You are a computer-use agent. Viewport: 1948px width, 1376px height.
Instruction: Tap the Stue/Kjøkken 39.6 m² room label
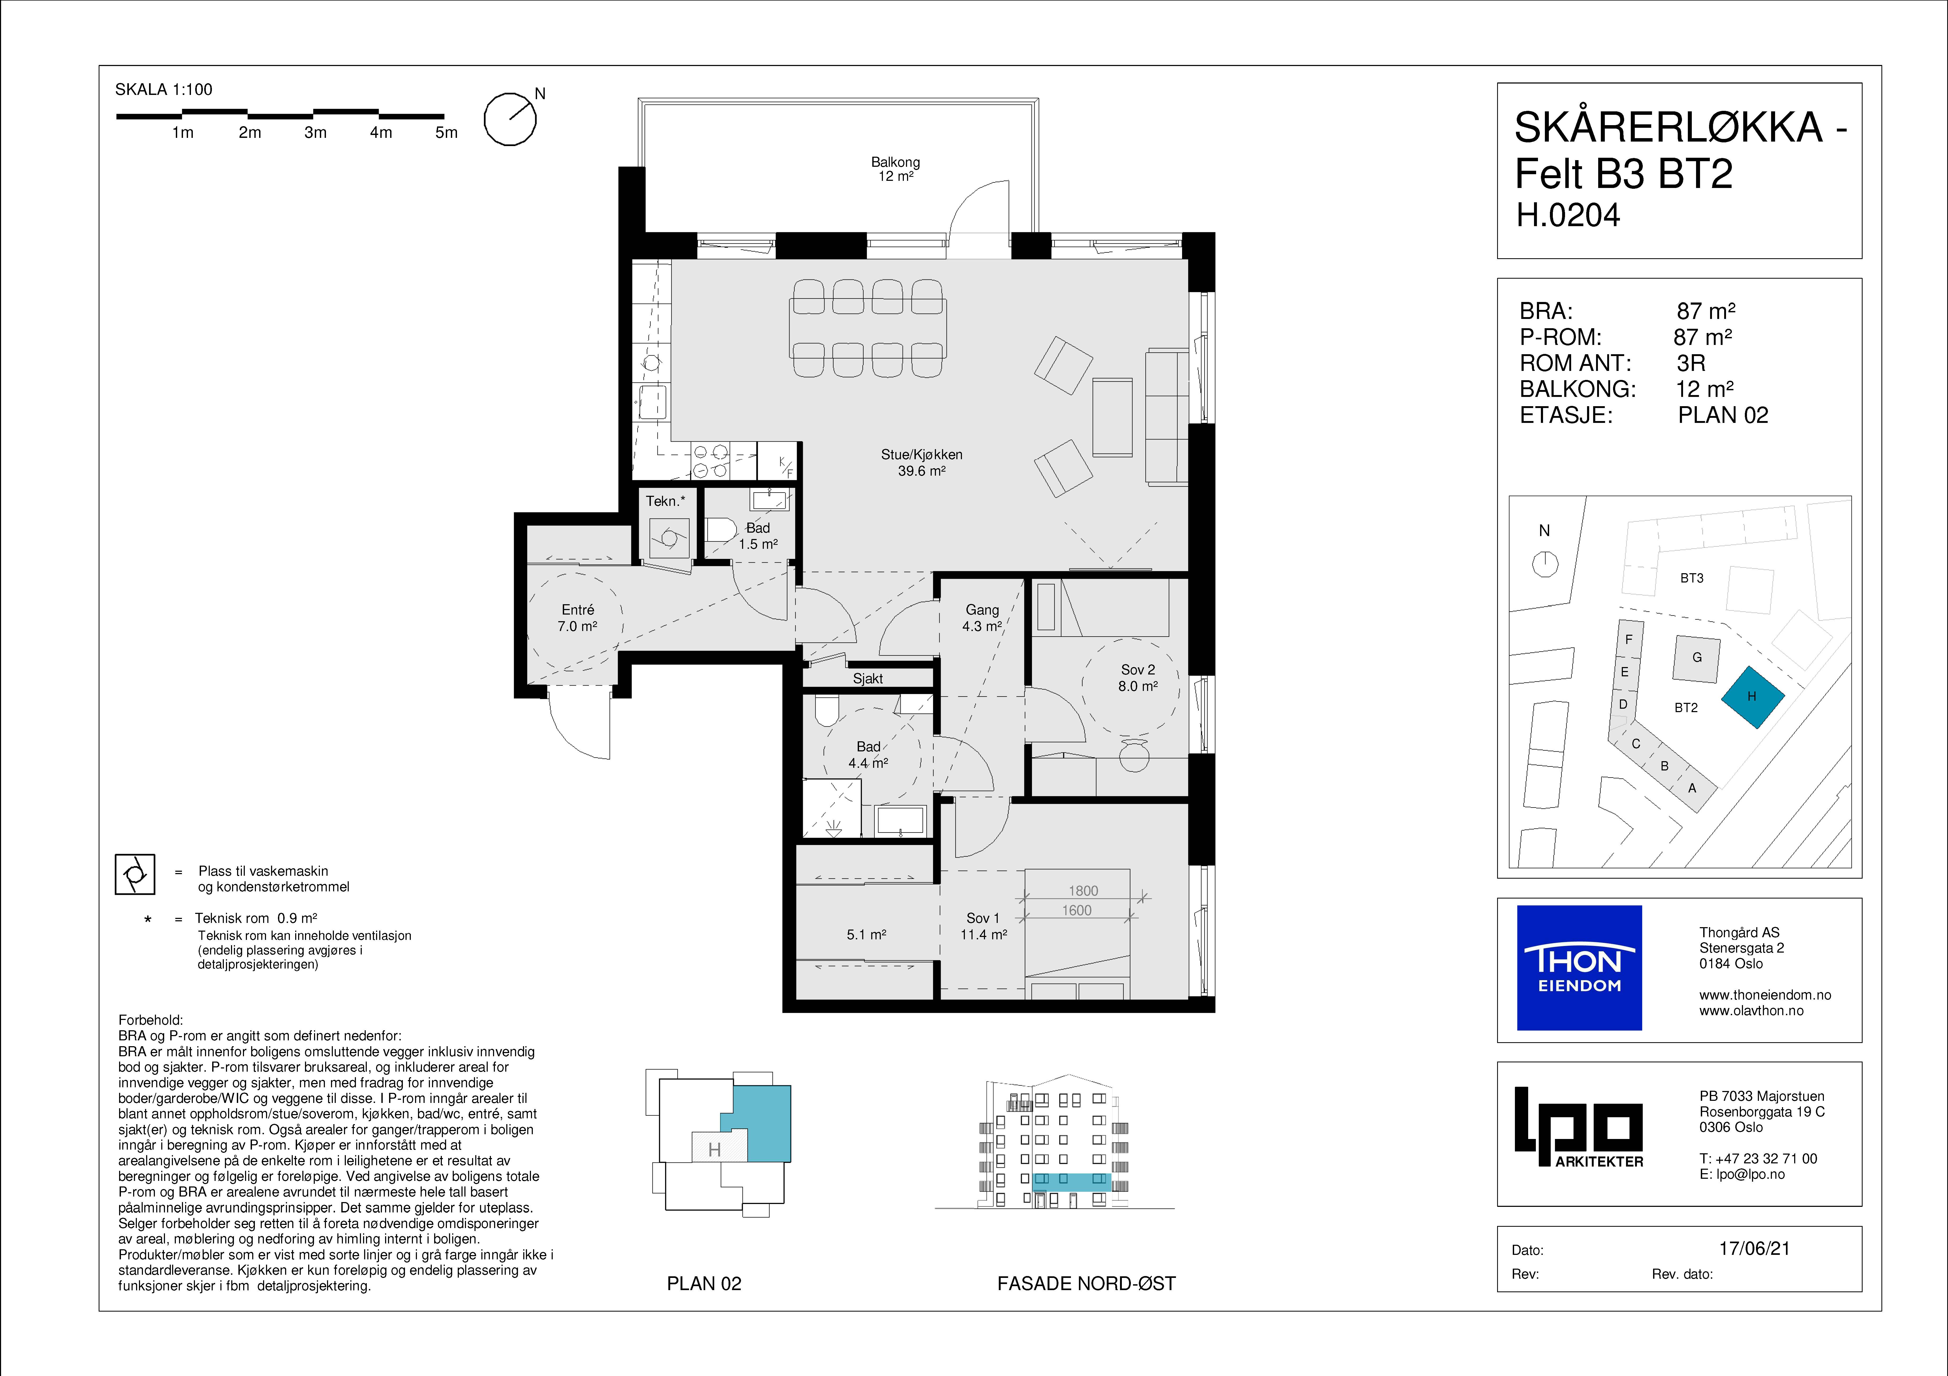tap(921, 462)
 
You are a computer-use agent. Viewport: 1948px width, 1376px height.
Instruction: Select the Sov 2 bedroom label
tap(1138, 678)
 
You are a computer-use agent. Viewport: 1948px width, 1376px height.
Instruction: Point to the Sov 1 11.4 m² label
tap(983, 926)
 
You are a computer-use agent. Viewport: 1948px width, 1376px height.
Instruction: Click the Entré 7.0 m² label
tap(578, 617)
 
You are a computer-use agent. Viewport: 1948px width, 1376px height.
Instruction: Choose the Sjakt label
tap(868, 679)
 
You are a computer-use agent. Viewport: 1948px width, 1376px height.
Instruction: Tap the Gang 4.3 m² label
tap(982, 617)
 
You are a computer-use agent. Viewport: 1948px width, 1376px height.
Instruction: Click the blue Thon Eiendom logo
tap(1579, 968)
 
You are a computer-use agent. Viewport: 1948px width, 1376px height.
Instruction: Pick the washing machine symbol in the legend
tap(135, 874)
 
